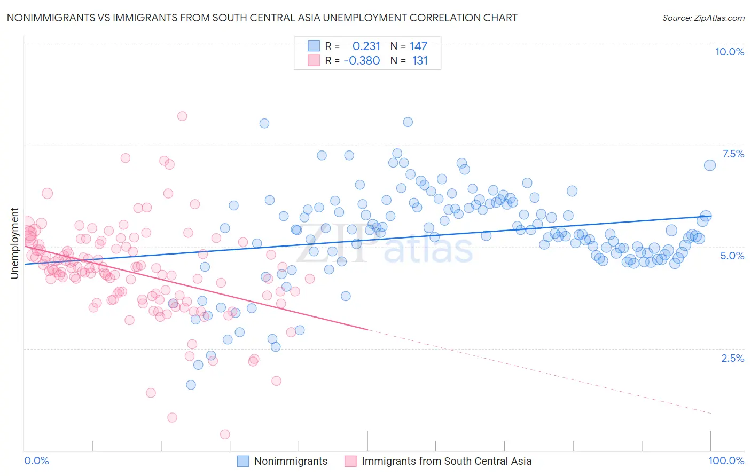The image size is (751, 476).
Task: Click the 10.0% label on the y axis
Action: pos(729,52)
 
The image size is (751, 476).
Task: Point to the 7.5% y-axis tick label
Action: pos(733,154)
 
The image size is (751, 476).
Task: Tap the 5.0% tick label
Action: pos(732,256)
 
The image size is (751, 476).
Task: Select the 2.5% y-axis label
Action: pos(732,358)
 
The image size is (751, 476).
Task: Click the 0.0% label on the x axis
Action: pos(36,461)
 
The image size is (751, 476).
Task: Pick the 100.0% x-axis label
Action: pos(726,461)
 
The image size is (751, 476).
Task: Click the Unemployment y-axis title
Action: pos(15,243)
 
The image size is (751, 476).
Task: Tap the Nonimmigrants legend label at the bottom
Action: pos(291,461)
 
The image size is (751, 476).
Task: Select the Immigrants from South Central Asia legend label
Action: pos(446,461)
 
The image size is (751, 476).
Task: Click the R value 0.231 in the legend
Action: pos(366,46)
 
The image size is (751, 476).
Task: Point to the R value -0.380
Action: pos(362,61)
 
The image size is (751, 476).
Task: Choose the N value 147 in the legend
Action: pos(418,46)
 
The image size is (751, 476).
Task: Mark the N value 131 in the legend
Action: pos(420,61)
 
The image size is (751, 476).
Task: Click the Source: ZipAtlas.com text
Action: pos(703,18)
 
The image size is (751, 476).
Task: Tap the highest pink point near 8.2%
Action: pos(182,116)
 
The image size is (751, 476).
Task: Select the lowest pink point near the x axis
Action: pos(225,434)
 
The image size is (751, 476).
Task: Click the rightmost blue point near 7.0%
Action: pos(709,165)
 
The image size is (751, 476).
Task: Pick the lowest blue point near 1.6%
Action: pos(191,385)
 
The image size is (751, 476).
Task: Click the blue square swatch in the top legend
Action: pos(314,46)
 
